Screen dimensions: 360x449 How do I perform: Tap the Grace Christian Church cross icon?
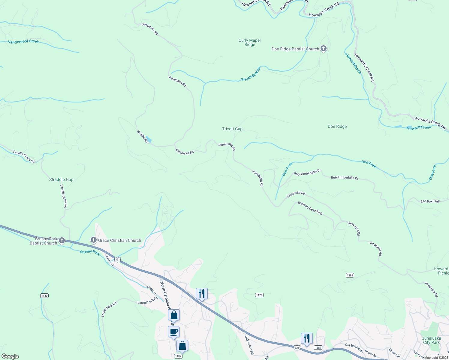point(93,240)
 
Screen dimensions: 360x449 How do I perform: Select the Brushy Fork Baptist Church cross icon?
point(62,240)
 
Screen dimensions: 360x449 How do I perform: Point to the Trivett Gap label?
point(232,129)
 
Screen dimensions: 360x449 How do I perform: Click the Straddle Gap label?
point(61,179)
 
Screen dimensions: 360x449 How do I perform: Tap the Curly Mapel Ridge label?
point(250,42)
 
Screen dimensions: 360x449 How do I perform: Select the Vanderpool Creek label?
point(23,42)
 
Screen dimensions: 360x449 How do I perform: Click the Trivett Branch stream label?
point(251,74)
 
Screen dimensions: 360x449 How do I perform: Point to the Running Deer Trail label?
point(310,208)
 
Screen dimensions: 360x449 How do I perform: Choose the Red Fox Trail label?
point(430,201)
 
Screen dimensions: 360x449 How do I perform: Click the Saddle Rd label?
point(142,136)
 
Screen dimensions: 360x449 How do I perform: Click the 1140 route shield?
point(44,296)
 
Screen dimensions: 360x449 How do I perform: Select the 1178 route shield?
point(259,295)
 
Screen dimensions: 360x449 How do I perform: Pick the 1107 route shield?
point(178,356)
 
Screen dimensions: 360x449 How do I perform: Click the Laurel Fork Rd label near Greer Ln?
point(147,301)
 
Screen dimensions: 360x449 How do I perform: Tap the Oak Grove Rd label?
point(249,345)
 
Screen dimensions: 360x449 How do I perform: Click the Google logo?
point(10,356)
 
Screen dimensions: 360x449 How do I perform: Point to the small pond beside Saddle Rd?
point(149,139)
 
